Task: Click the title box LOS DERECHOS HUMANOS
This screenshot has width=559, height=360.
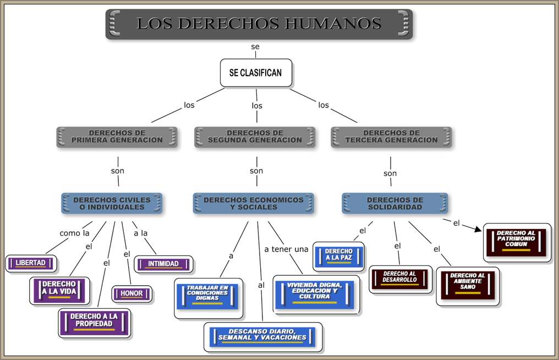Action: [259, 24]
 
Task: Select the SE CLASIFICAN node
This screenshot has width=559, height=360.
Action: [256, 73]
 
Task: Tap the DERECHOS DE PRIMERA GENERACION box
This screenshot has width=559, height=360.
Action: [117, 137]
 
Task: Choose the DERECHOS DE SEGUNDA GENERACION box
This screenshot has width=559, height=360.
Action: [255, 137]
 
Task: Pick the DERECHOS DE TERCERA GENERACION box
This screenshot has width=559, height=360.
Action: [391, 137]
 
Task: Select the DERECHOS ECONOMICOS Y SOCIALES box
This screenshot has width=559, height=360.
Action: [254, 203]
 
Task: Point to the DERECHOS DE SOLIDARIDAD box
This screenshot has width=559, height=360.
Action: [395, 203]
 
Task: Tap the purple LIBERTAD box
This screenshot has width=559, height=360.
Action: [31, 263]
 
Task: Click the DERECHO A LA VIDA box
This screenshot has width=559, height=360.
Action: [59, 290]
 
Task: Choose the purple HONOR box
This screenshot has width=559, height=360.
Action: [132, 294]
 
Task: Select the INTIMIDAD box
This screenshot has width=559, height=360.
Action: [163, 264]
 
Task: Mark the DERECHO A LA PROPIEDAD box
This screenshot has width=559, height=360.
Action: [95, 323]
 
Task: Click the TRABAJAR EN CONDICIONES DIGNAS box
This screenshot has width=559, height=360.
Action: [207, 297]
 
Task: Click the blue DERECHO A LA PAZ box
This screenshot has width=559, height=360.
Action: [339, 256]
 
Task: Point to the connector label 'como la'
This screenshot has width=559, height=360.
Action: [74, 233]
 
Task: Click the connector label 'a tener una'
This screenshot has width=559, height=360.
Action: [286, 249]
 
